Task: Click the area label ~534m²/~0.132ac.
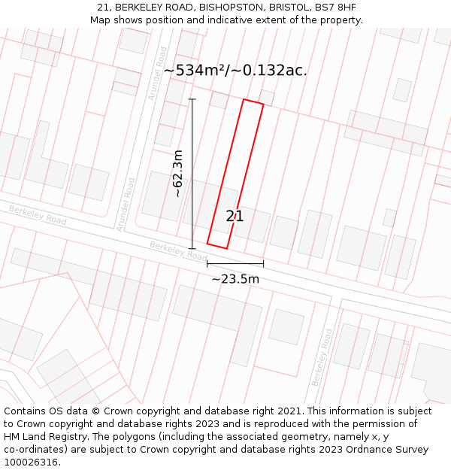coord(235,71)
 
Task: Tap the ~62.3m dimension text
coord(178,174)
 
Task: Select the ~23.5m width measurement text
coord(235,279)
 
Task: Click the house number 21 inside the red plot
coord(235,217)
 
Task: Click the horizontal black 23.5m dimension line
coord(235,264)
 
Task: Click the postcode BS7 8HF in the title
coord(335,8)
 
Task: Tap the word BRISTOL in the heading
coord(289,8)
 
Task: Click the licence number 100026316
coord(31,462)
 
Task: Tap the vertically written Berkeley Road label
coord(322,358)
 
